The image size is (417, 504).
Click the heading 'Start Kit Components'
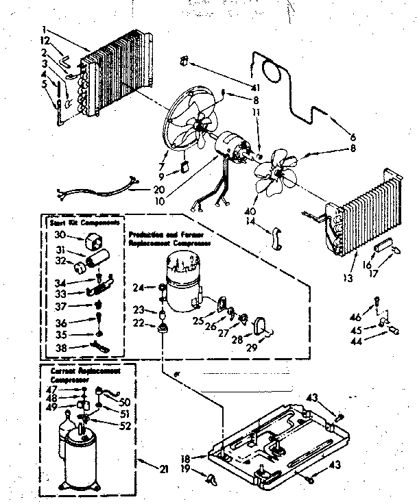coord(85,223)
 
